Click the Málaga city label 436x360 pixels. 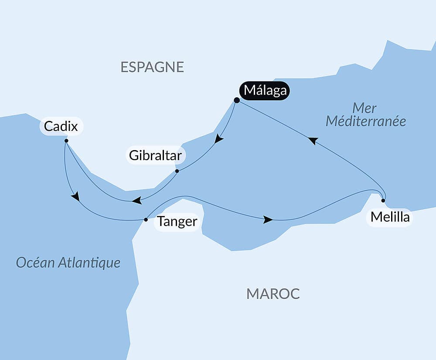265,91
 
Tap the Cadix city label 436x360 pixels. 61,127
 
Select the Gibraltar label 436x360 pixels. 156,155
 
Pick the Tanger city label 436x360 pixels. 177,222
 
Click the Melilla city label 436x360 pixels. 390,217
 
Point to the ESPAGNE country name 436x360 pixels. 152,67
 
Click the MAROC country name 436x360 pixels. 273,294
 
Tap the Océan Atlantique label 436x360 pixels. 68,263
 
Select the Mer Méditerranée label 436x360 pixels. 365,114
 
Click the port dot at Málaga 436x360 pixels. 237,100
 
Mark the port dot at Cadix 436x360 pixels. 66,141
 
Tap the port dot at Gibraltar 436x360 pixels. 177,171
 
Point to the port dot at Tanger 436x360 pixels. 146,219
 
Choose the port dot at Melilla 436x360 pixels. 383,201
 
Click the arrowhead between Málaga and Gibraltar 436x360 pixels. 219,139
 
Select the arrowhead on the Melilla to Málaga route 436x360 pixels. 313,141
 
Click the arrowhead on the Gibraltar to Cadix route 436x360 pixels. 136,201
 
